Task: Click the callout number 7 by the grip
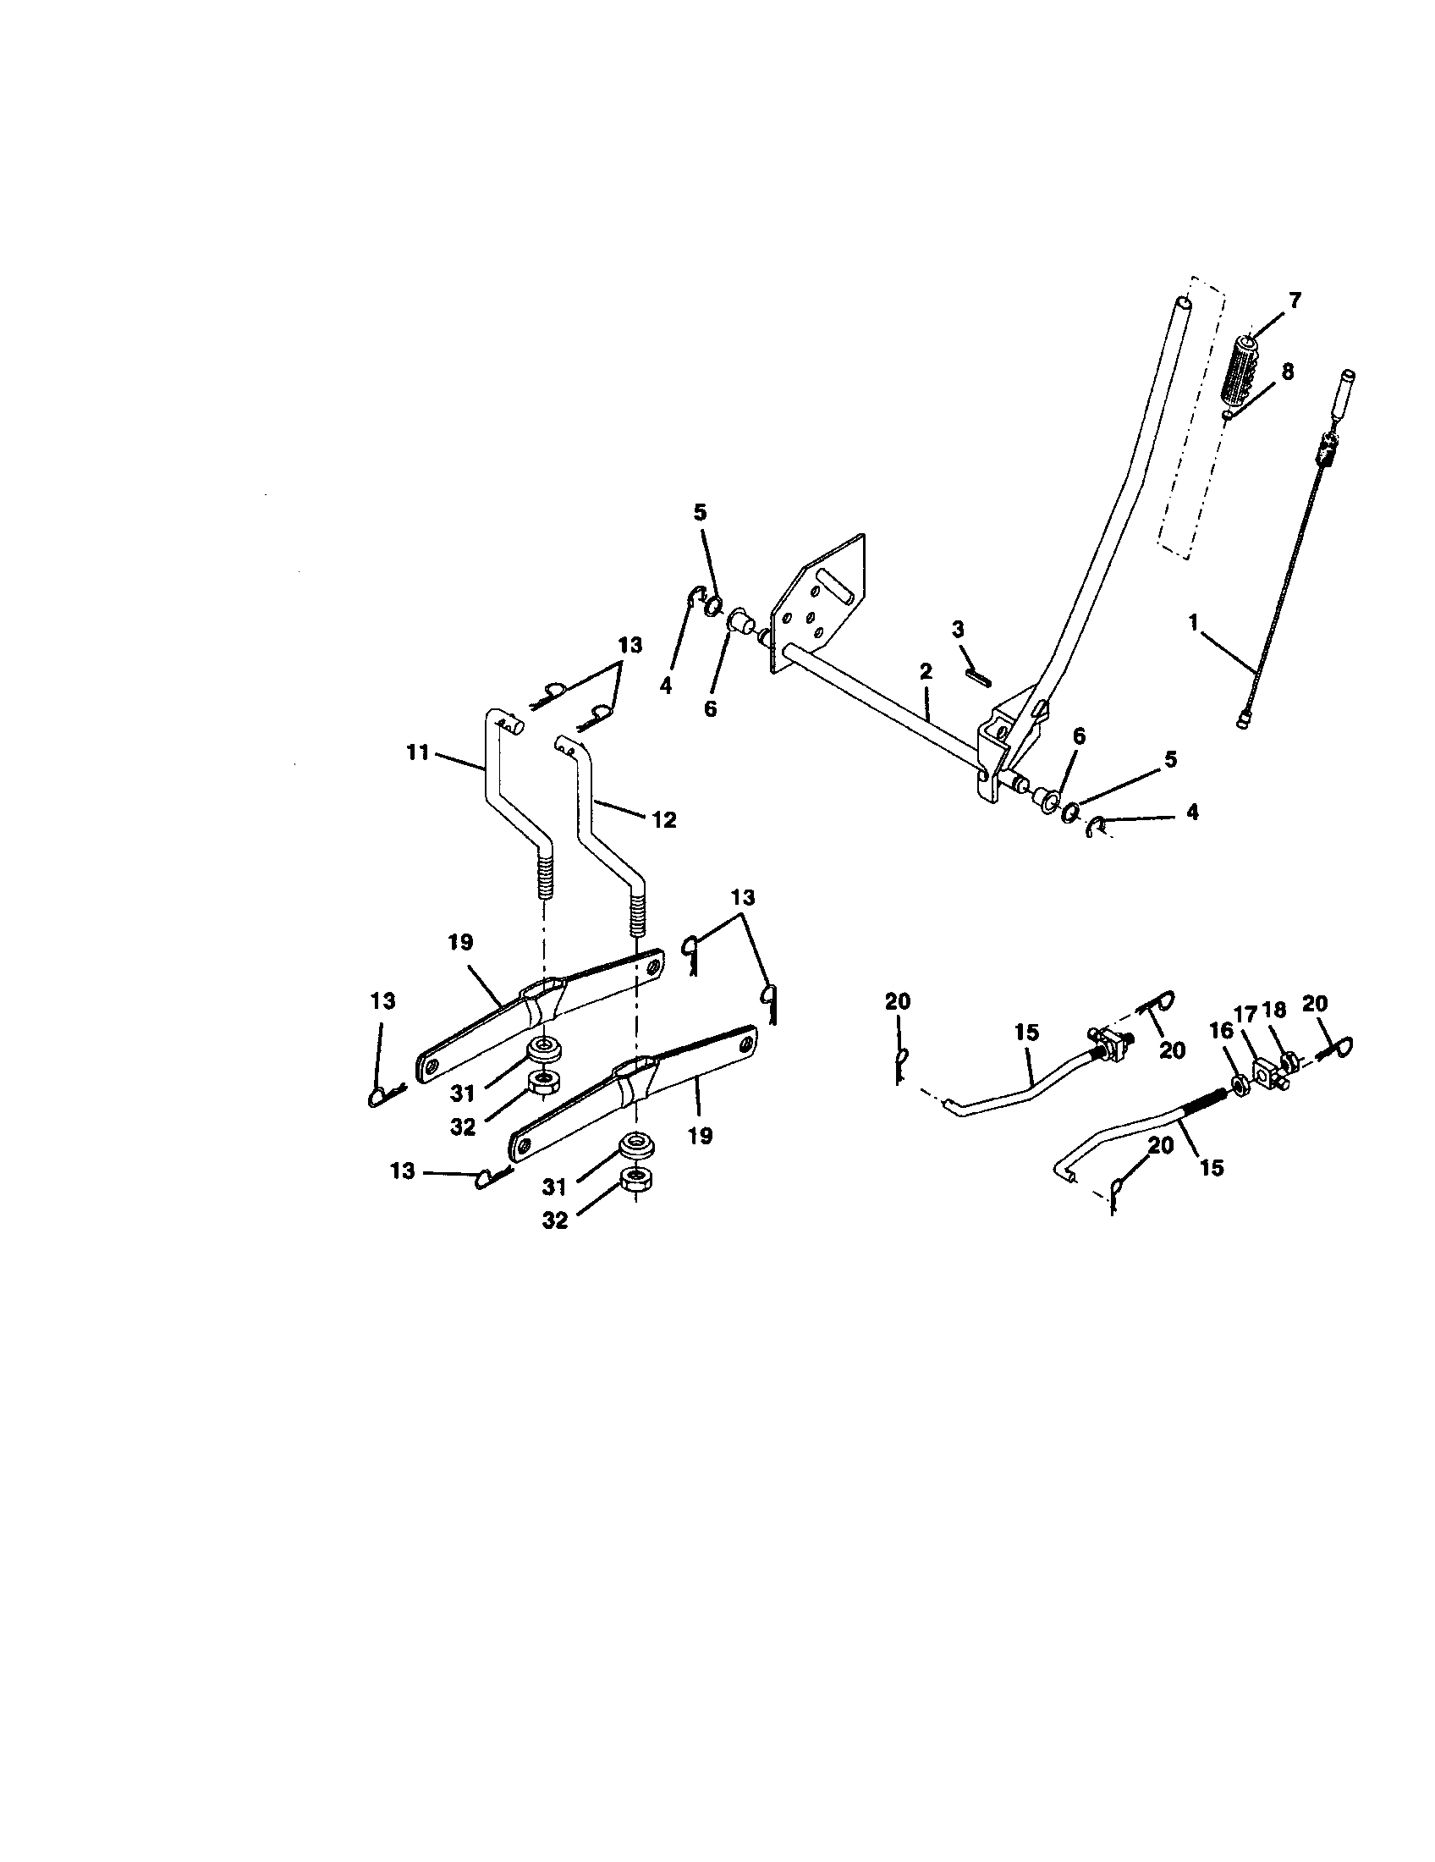[1295, 300]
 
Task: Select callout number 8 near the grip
[1287, 372]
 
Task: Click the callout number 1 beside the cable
[1194, 623]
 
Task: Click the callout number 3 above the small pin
[959, 630]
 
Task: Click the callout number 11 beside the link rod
[417, 753]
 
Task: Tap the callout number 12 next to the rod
[664, 820]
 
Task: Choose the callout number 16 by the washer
[1222, 1031]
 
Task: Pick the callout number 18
[1275, 1011]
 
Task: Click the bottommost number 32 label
[555, 1220]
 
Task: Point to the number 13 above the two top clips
[630, 645]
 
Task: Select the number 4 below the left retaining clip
[666, 685]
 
